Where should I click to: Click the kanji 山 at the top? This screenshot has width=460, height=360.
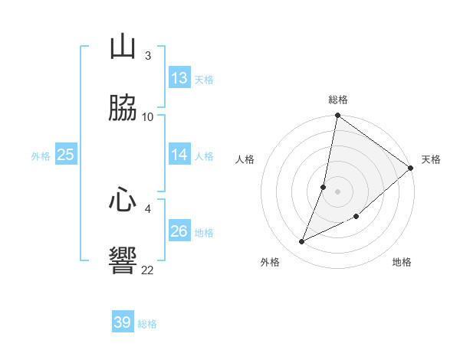point(123,48)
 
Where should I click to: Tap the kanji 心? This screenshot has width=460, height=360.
point(123,201)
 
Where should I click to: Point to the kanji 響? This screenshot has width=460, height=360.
point(123,260)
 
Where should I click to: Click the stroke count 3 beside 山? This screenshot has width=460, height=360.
point(147,56)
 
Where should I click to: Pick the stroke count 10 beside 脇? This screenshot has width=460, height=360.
point(148,116)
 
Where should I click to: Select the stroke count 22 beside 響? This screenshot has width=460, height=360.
point(148,269)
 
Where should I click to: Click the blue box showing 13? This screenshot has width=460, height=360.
point(179,78)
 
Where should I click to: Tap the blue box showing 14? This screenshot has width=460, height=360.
point(179,155)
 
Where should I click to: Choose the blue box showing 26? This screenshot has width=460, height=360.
point(179,231)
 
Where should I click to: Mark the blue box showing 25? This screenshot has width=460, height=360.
point(66,155)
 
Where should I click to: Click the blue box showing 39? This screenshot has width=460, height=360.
point(123,322)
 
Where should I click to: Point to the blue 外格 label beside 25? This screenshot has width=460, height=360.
point(41,156)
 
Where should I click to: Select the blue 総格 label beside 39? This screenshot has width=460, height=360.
point(147,324)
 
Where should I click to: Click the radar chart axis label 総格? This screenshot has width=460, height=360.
point(338,100)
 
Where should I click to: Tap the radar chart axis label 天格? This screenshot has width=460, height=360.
point(431,159)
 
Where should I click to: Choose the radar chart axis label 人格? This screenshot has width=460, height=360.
point(245,159)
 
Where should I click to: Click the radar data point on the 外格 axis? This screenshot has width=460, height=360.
point(302,242)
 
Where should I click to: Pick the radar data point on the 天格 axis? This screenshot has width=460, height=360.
point(411,168)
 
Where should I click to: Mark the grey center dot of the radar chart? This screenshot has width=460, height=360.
point(337,191)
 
